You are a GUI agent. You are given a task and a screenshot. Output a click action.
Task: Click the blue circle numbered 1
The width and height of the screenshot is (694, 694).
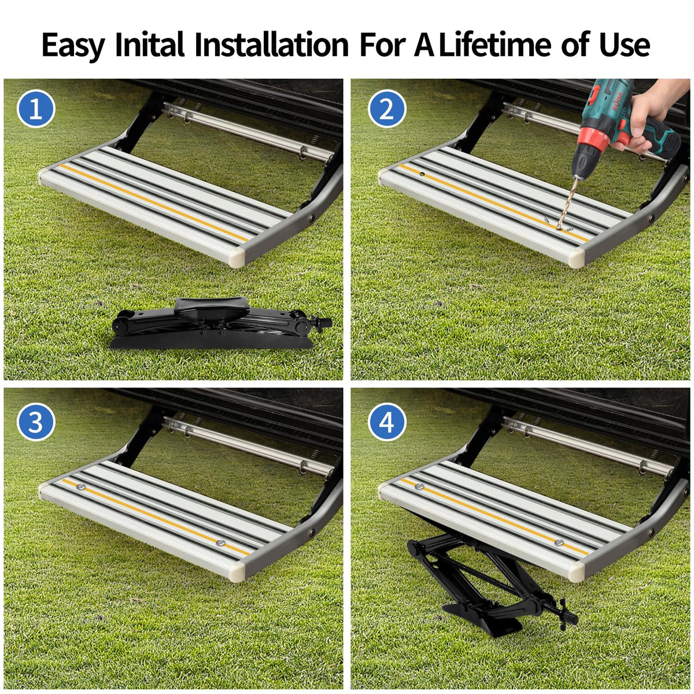coord(36,109)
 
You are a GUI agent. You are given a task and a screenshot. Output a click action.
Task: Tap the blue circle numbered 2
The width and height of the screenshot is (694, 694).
coord(387,109)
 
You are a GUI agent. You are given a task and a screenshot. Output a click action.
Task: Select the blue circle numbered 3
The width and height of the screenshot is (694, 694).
coord(36,422)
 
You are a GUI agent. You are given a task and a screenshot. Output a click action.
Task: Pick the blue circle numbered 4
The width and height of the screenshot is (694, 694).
coord(387,422)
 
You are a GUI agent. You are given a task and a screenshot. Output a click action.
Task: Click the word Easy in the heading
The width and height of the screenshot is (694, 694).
coord(73,46)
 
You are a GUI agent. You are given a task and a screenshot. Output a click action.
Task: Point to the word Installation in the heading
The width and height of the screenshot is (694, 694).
coord(272,45)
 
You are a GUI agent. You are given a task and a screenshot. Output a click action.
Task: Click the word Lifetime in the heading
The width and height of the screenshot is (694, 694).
coord(494,45)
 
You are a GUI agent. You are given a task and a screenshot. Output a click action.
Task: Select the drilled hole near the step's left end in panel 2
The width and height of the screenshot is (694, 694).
coord(422,174)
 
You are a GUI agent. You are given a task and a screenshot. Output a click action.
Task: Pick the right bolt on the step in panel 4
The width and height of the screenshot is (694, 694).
coord(559,542)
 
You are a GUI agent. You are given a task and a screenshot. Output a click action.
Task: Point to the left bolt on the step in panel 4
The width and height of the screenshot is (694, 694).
coord(419,487)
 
